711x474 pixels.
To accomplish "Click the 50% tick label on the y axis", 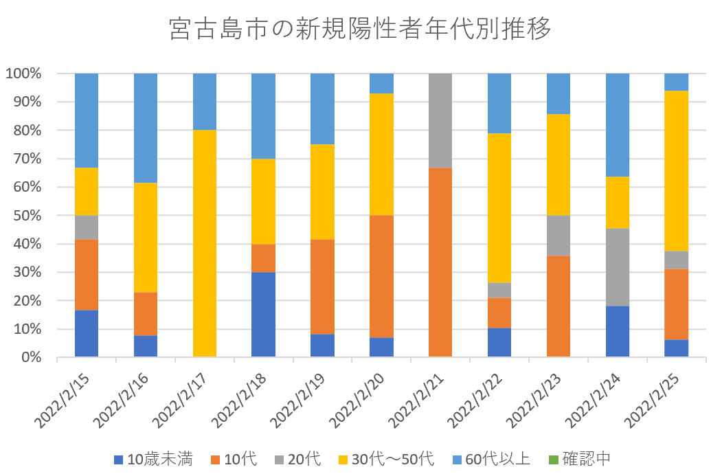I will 26,216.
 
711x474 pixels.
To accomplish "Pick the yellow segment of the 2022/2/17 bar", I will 204,243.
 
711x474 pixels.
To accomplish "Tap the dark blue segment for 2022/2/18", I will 263,315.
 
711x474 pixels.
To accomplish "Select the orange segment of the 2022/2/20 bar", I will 381,276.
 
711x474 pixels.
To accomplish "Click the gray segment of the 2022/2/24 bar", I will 617,267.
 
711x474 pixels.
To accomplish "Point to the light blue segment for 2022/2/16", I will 145,128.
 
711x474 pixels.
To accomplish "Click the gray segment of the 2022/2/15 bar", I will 86,227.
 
